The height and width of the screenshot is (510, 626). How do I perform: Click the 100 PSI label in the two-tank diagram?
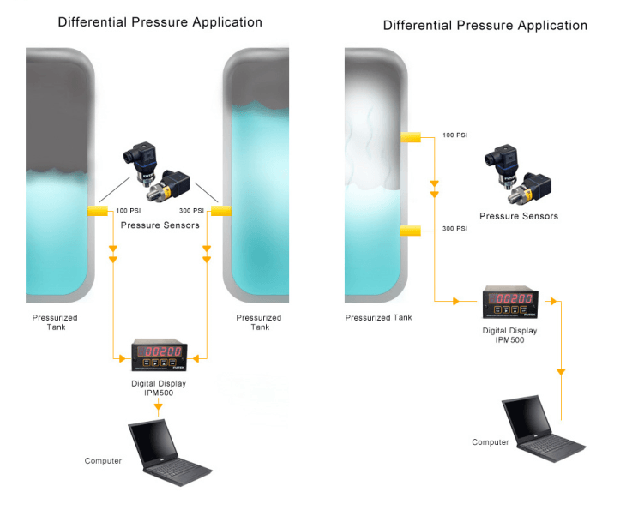[x=128, y=211]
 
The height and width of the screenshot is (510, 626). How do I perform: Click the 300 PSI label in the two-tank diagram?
[x=191, y=211]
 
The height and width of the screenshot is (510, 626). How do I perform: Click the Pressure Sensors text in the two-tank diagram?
[x=160, y=225]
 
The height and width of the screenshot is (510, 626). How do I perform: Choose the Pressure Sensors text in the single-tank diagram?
[x=518, y=216]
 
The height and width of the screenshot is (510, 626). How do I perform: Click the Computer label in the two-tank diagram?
[x=103, y=461]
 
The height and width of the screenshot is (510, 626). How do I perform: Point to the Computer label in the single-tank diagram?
[x=491, y=442]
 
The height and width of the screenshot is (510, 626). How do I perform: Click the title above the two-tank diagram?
[x=160, y=22]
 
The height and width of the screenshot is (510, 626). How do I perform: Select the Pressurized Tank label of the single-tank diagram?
[x=378, y=318]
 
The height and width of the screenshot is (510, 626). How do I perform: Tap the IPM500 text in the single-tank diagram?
[x=509, y=341]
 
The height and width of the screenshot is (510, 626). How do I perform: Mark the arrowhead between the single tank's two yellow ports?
[x=435, y=184]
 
